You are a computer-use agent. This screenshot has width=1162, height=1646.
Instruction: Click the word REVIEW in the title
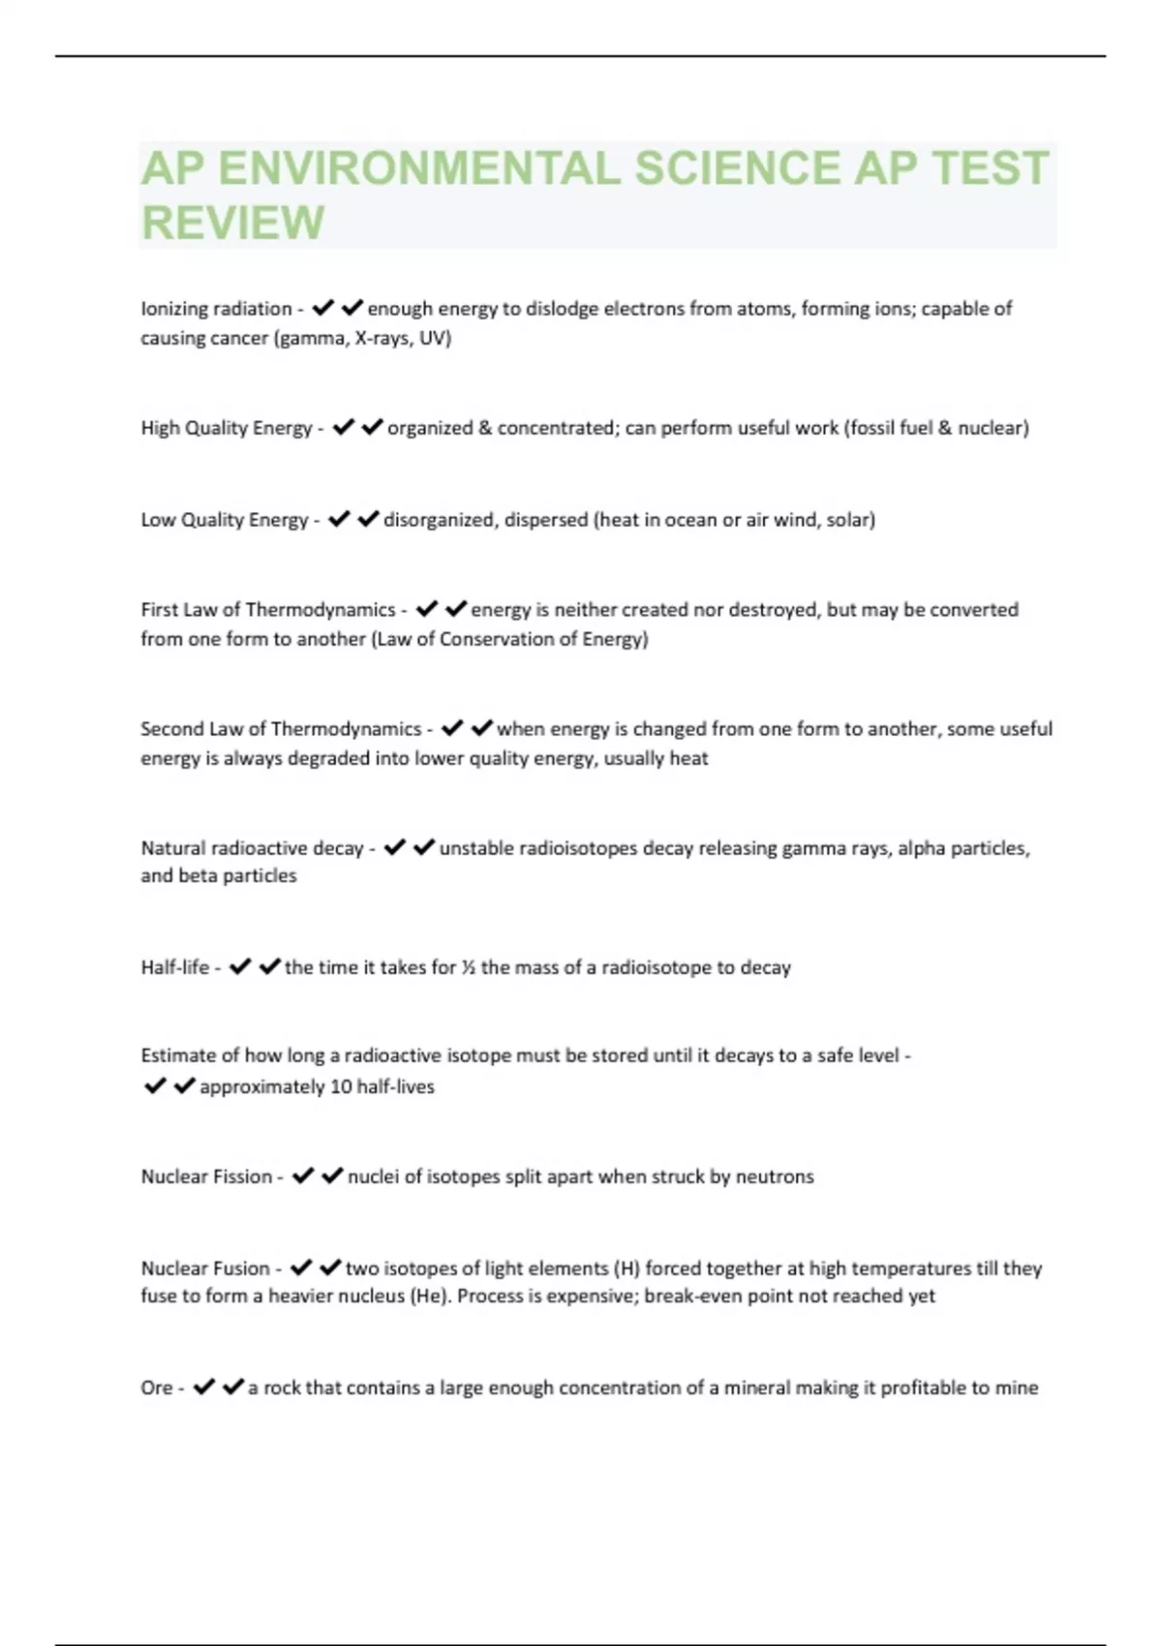tap(233, 223)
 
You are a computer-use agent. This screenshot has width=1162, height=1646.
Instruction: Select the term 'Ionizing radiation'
tap(216, 309)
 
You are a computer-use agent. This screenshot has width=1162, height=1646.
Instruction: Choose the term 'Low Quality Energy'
tap(225, 520)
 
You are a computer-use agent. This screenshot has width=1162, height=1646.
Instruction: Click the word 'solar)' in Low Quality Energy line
tap(850, 520)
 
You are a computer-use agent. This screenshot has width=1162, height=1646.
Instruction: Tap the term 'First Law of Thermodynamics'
tap(268, 610)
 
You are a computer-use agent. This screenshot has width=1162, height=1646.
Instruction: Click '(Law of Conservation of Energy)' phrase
tap(509, 639)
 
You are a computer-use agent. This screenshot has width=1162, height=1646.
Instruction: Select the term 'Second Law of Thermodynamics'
tap(281, 729)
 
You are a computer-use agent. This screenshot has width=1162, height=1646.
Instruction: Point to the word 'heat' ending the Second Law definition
tap(688, 758)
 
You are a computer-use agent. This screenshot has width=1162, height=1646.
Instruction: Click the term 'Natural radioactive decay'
tap(252, 848)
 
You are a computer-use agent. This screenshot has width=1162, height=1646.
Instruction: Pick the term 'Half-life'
tap(175, 967)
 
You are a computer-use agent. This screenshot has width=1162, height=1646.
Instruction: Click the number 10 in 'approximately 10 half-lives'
tap(341, 1086)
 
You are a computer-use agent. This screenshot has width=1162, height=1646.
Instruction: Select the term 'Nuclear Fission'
tap(206, 1176)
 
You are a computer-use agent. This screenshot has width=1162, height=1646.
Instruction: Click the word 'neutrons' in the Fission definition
tap(775, 1176)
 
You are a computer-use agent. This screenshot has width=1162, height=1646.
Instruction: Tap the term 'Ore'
tap(157, 1387)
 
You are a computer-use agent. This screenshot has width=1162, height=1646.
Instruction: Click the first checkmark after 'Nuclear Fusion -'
tap(301, 1267)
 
